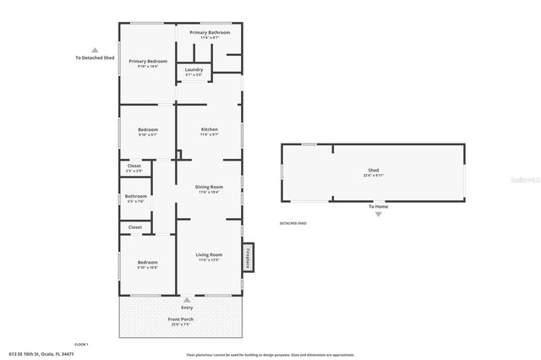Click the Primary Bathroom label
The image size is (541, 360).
click(210, 33)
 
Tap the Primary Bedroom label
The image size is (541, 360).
click(148, 62)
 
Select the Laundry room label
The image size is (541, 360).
click(194, 70)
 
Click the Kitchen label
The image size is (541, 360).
click(209, 129)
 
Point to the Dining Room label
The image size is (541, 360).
click(209, 187)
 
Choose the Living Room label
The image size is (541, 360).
click(209, 254)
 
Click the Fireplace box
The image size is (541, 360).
click(249, 257)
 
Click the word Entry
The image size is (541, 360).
click(187, 308)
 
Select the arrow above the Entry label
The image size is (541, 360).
click(187, 299)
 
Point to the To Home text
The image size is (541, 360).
click(378, 206)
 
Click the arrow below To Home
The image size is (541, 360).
click(378, 215)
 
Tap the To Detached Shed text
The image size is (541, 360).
click(95, 58)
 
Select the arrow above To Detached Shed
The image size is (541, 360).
click(95, 49)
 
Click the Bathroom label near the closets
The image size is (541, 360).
click(136, 197)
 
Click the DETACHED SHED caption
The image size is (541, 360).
click(292, 223)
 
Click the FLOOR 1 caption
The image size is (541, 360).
click(81, 344)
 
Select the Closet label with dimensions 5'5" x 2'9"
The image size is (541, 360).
click(134, 166)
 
